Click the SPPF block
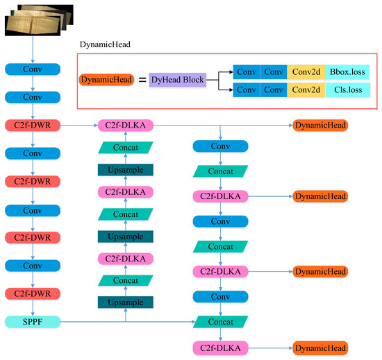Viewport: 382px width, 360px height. coord(33,322)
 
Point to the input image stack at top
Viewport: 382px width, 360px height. coord(35,19)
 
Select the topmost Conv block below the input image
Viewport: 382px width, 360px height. coord(33,69)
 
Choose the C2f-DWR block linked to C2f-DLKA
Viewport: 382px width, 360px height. coord(33,126)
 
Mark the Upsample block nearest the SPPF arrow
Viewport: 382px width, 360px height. coord(125,302)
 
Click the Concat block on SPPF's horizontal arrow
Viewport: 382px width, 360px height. coord(220,322)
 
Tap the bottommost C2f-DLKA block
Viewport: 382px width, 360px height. coord(220,348)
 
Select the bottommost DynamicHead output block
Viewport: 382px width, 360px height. coord(319,348)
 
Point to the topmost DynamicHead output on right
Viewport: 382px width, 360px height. coord(319,126)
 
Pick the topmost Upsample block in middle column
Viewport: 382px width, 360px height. coord(125,169)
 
